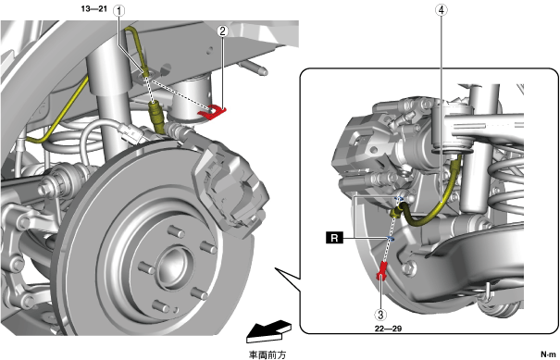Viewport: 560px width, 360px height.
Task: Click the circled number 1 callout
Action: coord(118,11)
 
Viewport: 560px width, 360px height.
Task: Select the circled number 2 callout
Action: coord(222,31)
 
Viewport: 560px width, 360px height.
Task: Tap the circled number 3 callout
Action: coord(380,315)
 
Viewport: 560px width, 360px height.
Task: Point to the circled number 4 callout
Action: coord(442,10)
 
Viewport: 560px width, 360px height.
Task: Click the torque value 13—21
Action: coord(94,9)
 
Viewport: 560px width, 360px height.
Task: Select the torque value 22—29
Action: coord(388,329)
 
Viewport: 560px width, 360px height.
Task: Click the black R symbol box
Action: coord(334,238)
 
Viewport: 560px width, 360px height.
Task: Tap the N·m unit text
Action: coord(549,354)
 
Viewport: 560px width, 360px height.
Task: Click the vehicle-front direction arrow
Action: coord(269,330)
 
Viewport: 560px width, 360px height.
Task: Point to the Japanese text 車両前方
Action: coord(268,354)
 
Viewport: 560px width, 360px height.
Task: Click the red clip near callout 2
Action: coord(212,112)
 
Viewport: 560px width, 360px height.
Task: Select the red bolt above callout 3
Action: coord(381,271)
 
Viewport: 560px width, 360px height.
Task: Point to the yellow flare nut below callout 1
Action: coord(156,114)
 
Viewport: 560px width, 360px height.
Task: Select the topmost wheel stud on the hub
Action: coord(176,231)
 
